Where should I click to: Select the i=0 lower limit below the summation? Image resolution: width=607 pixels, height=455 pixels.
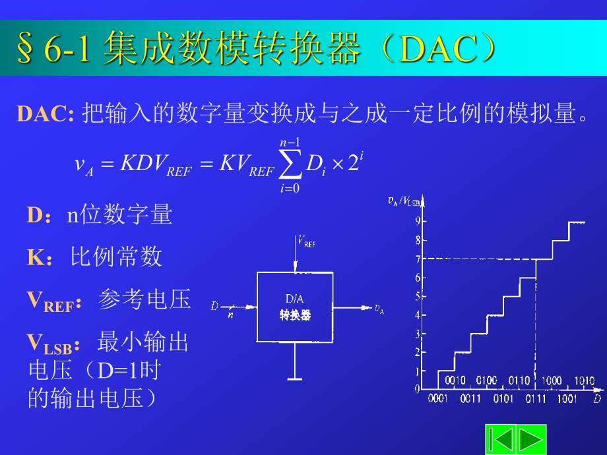coord(290,189)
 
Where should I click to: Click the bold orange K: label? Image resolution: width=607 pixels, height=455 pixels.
coord(39,258)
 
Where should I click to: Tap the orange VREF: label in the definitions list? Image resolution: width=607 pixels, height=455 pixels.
coord(55,301)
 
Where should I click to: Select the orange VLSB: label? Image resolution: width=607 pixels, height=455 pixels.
coord(54,344)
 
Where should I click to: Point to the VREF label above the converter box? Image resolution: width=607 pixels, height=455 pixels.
coord(307,242)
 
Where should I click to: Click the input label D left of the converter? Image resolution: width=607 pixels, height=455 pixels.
coord(214,306)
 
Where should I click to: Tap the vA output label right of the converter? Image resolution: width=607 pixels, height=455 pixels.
coord(379,308)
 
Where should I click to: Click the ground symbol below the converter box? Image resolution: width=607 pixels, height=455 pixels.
coord(295,379)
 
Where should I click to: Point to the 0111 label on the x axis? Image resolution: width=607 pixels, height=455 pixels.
coord(536,399)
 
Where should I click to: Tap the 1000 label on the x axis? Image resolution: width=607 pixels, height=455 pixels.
coord(552,381)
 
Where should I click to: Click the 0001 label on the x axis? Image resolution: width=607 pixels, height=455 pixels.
coord(438,399)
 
